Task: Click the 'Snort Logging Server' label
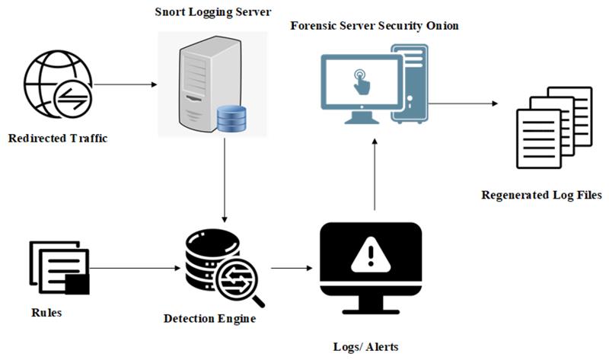point(213,11)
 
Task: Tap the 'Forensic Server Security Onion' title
point(375,26)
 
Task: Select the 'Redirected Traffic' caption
point(58,139)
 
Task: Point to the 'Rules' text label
point(46,313)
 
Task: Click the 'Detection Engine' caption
point(210,319)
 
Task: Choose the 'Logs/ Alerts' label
point(366,347)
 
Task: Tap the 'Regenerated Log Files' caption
point(542,195)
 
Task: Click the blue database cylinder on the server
point(231,119)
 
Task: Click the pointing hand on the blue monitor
point(361,81)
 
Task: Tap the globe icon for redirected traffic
point(59,84)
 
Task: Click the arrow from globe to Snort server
point(126,84)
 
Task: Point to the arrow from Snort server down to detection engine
point(224,180)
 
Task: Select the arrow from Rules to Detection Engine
point(135,268)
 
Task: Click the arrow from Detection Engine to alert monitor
point(292,268)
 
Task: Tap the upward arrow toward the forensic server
point(375,174)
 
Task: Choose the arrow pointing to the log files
point(463,104)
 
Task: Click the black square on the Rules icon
point(77,285)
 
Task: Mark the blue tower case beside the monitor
point(410,84)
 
